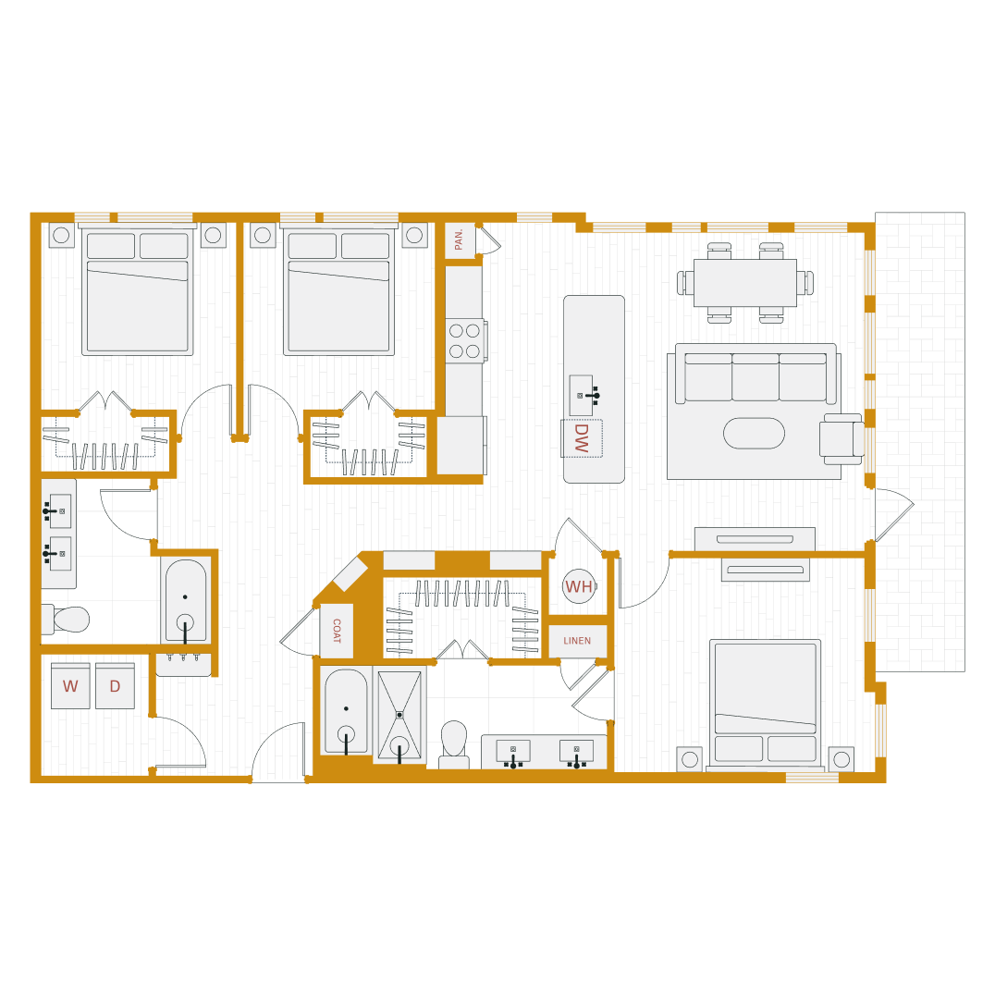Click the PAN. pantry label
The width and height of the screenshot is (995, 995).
(x=460, y=240)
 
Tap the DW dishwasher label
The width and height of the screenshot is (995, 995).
(x=582, y=438)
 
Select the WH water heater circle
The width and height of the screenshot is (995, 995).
(x=579, y=586)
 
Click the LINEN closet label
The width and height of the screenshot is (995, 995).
(x=577, y=641)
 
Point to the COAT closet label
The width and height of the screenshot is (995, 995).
(x=337, y=631)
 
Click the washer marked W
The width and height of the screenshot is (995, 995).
(x=70, y=686)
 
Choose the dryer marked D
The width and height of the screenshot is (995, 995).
(x=115, y=686)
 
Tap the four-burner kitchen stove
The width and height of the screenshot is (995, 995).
(x=464, y=340)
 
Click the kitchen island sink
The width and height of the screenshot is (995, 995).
(x=582, y=395)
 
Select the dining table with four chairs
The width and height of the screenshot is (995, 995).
(x=745, y=283)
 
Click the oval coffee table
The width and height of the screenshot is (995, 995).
(x=754, y=433)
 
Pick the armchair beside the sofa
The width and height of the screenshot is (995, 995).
(x=841, y=438)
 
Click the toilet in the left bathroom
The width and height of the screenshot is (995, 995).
(x=67, y=620)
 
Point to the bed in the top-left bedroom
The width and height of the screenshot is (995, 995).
(x=138, y=292)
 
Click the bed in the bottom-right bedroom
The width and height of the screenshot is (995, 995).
(x=765, y=703)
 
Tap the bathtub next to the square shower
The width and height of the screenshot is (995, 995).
(x=346, y=710)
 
